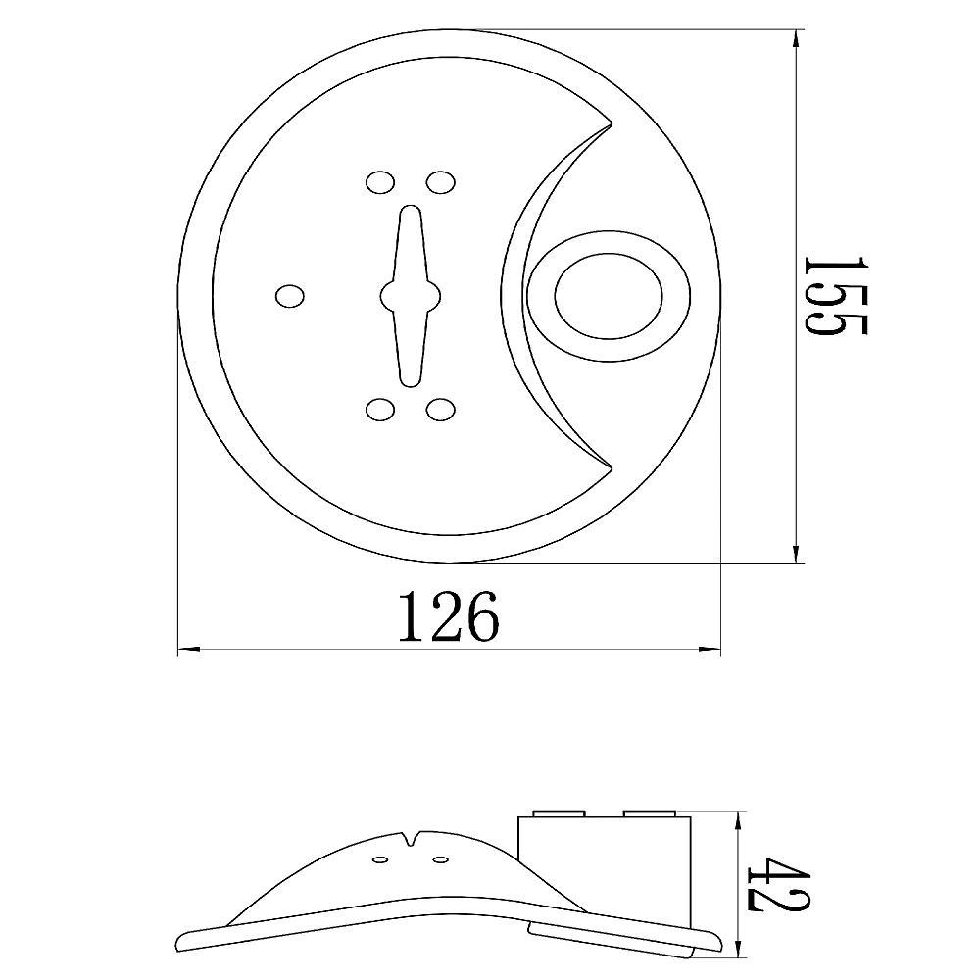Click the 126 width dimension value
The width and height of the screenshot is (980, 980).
pos(449,616)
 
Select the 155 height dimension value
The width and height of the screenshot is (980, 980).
pos(836,296)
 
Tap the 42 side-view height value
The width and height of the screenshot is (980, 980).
pos(778,884)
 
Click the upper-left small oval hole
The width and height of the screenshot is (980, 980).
pos(380,182)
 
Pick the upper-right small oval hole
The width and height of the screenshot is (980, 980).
pos(441,182)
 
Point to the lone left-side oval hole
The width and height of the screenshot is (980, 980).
pos(290,296)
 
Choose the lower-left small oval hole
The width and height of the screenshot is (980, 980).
pos(380,410)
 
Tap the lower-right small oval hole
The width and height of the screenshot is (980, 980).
pos(441,410)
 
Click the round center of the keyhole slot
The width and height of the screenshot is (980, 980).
pos(410,296)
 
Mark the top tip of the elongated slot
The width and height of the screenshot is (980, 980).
pos(410,206)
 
